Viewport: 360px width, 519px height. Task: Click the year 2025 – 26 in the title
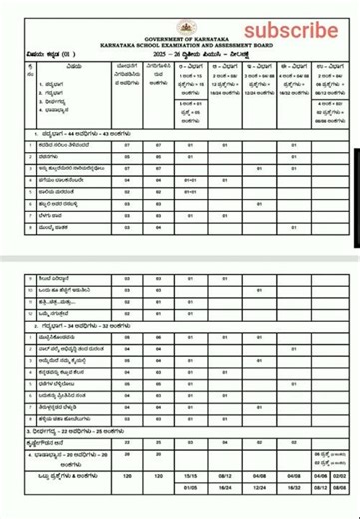click(x=167, y=52)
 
